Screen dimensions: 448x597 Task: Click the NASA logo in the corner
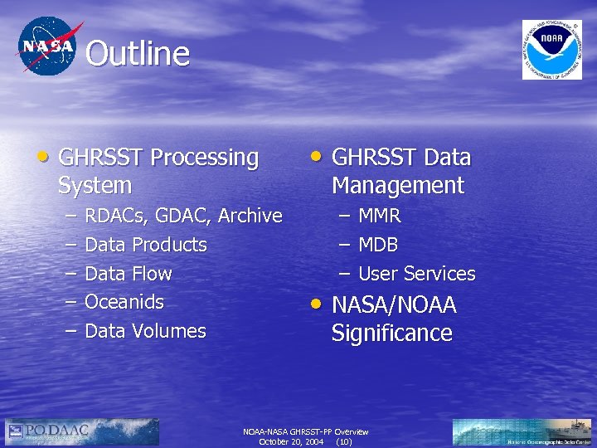[47, 46]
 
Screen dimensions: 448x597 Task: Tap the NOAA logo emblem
[551, 50]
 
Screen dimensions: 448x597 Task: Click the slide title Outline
[138, 55]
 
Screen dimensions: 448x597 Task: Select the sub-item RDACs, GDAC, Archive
[183, 216]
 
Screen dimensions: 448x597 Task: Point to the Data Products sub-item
[146, 245]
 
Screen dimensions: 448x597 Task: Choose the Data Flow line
[129, 274]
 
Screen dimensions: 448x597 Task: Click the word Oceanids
[124, 302]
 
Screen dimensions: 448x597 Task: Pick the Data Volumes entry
[145, 331]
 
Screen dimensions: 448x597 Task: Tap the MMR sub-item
[380, 217]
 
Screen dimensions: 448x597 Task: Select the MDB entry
[378, 246]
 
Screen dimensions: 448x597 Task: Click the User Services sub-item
[417, 274]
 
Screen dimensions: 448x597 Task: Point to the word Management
[398, 185]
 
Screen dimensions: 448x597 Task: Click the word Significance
[392, 334]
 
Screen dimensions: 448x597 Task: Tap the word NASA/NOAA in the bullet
[394, 305]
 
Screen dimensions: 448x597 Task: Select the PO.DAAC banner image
[81, 431]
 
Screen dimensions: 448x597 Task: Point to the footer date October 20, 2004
[291, 442]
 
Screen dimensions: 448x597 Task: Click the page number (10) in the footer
[344, 442]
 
